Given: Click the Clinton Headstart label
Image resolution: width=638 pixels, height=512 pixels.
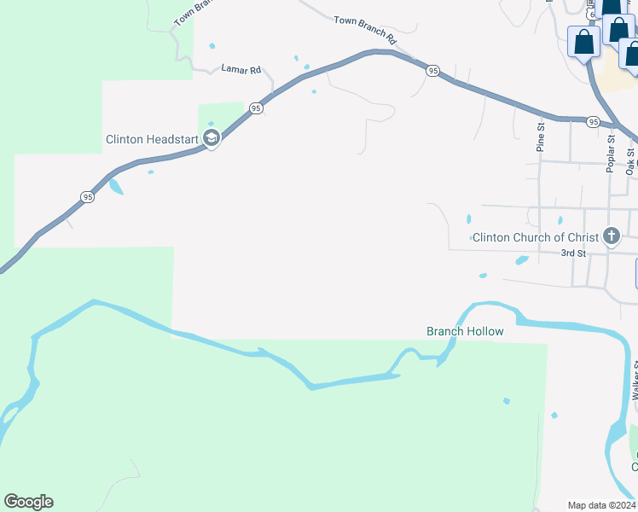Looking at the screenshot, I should click(x=152, y=139).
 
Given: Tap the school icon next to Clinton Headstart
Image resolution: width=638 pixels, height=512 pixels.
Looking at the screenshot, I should click(x=212, y=138).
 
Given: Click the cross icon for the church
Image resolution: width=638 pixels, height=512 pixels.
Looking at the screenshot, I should click(x=611, y=236).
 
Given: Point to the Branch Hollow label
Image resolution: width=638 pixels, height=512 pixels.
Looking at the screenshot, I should click(x=465, y=331).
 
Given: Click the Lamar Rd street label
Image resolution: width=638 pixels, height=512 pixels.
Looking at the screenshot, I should click(x=241, y=69).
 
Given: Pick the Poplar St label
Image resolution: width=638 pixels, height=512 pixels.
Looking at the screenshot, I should click(x=611, y=154).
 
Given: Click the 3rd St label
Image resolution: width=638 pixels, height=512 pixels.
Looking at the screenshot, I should click(x=573, y=253).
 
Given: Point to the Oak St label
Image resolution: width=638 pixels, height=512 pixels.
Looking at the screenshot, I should click(x=630, y=161).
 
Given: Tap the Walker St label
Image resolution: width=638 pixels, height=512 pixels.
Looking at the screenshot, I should click(x=635, y=381).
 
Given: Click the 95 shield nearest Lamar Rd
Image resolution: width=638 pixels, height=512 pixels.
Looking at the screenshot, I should click(x=256, y=108).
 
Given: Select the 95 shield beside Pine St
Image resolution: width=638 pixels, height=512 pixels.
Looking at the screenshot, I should click(x=593, y=123).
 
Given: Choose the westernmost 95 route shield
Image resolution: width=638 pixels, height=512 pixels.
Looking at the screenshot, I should click(x=87, y=197).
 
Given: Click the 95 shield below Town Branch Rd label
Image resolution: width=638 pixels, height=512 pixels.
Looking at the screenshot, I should click(x=433, y=71).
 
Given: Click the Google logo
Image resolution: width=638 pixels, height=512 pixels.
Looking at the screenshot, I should click(x=28, y=502).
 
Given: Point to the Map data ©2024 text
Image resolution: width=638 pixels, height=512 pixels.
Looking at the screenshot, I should click(x=601, y=505).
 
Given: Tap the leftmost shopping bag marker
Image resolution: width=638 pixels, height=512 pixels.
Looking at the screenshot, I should click(x=583, y=43).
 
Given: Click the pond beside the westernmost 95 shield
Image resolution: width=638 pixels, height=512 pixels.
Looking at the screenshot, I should click(x=115, y=185).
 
